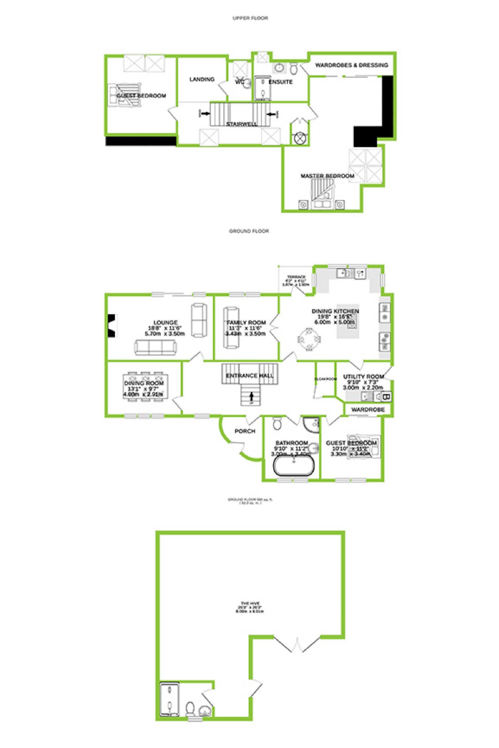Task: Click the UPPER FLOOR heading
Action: [250, 18]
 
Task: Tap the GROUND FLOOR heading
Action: [249, 231]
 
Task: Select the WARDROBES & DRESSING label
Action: [351, 65]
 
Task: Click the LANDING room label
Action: [202, 79]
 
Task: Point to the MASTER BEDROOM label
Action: [327, 176]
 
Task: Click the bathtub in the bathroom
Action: [294, 466]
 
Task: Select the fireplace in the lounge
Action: [111, 325]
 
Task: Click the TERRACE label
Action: [296, 277]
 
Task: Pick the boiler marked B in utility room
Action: [386, 397]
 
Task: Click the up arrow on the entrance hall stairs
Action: [251, 397]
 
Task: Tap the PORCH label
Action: [245, 431]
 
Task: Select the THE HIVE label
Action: [250, 603]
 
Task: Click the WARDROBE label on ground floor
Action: [368, 410]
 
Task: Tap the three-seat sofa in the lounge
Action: [155, 348]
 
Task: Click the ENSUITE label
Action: [281, 82]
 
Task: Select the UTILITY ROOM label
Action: [363, 376]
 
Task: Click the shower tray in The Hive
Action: [169, 699]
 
